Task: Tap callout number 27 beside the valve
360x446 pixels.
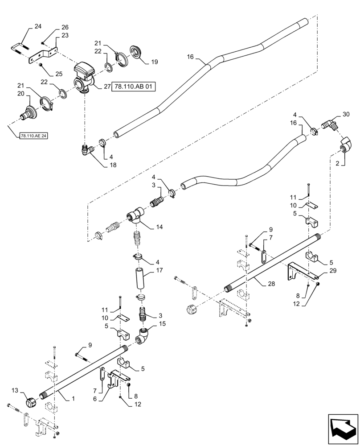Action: coord(107,87)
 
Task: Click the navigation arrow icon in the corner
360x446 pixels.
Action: coord(343,428)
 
